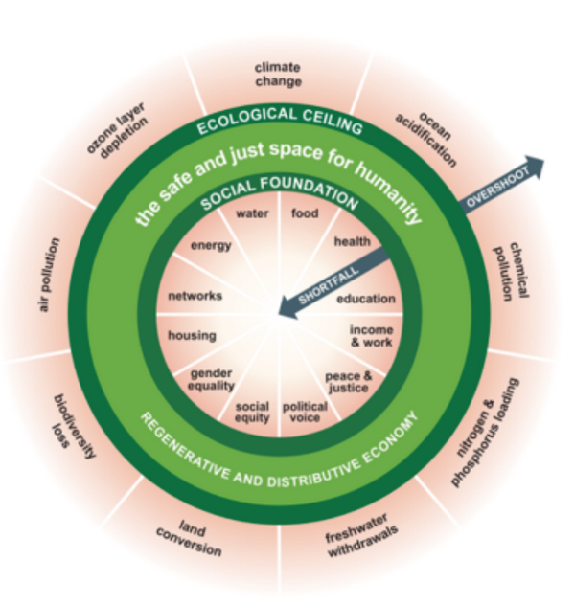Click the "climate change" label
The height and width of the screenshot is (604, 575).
(278, 74)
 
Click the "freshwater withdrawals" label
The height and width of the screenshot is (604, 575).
(355, 530)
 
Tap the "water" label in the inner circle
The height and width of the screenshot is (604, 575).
(252, 213)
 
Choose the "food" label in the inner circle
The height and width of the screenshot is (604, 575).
(304, 213)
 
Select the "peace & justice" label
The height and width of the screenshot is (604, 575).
(348, 380)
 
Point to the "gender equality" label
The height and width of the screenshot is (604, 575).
(212, 378)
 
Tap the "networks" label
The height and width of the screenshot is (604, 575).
(195, 297)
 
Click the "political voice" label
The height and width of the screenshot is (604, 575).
(305, 412)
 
